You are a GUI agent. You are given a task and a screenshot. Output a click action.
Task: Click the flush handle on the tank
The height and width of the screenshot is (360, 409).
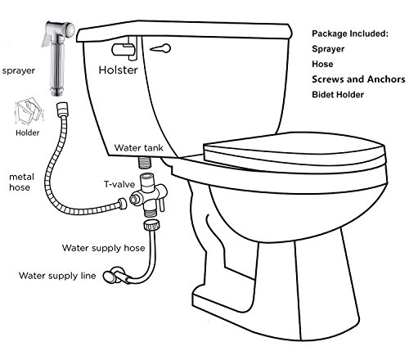(x=160, y=48)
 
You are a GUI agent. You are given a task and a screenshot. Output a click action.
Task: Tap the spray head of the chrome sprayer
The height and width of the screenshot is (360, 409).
(x=70, y=29)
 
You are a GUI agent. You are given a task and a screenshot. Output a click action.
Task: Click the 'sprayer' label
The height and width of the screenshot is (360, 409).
(x=19, y=71)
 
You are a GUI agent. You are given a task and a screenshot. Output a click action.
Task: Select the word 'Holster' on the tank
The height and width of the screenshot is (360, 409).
(x=118, y=70)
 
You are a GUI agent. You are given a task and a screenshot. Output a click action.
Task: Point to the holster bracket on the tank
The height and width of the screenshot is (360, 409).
(x=124, y=48)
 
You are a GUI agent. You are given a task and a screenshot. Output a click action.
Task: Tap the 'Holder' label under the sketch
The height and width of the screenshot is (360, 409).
(x=27, y=133)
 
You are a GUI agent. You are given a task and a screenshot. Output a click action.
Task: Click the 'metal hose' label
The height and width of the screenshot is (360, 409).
(x=21, y=182)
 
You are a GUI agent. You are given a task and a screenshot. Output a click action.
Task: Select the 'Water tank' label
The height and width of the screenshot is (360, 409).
(x=138, y=148)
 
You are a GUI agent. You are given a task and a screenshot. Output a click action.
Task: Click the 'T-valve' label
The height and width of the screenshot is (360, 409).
(x=119, y=184)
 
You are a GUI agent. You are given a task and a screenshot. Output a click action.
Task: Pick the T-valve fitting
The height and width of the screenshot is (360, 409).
(x=148, y=195)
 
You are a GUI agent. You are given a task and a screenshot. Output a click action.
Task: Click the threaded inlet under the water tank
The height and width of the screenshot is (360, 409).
(x=145, y=162)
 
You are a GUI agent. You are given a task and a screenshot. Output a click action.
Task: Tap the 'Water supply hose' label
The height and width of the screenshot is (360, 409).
(x=103, y=248)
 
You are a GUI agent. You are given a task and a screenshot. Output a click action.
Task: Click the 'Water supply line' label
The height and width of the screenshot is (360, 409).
(x=57, y=276)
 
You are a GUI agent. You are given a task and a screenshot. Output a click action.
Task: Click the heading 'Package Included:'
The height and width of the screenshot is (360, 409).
(x=350, y=34)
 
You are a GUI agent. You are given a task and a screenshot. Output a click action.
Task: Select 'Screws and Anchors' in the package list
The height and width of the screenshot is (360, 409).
(x=358, y=79)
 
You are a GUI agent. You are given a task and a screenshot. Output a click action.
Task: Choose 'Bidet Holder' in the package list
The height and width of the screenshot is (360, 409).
(x=338, y=95)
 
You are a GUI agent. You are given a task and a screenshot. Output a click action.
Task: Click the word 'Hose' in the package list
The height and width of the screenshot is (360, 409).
(x=322, y=64)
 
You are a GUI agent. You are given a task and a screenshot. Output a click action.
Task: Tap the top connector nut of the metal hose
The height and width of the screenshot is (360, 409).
(x=62, y=108)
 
